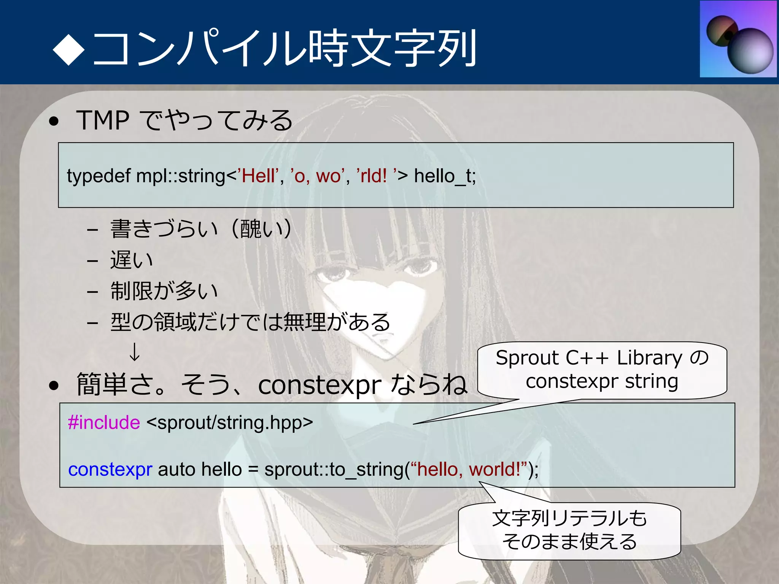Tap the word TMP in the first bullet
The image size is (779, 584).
(x=103, y=121)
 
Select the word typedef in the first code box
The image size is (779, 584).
(x=99, y=176)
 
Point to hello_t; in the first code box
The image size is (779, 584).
(x=445, y=176)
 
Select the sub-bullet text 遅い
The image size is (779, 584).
(x=132, y=260)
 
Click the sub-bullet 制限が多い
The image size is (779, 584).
(x=164, y=291)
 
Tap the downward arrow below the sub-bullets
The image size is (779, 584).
(x=135, y=352)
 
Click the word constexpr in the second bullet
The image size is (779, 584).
(x=320, y=385)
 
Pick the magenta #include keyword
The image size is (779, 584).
(x=104, y=423)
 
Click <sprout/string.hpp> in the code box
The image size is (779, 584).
(x=229, y=423)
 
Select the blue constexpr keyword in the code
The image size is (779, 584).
(x=110, y=470)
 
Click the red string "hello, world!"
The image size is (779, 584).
(x=472, y=470)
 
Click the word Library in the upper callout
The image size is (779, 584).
(x=650, y=358)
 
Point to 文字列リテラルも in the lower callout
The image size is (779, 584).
(x=569, y=518)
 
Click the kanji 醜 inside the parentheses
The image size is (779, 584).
(x=251, y=229)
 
